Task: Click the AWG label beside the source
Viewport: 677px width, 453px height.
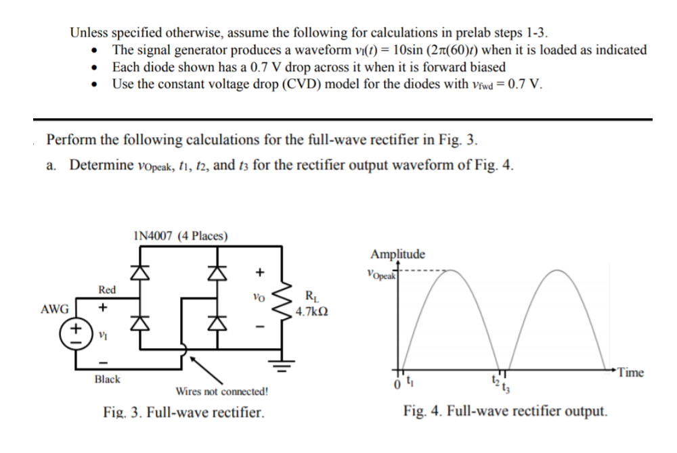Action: point(55,309)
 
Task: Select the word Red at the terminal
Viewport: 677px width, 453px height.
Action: point(107,289)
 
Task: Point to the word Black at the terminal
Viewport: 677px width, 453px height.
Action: point(107,379)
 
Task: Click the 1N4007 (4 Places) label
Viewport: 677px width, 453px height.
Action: point(180,236)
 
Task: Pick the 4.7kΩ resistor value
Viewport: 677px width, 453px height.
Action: point(313,312)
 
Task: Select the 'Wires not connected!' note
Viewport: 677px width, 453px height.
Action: point(221,391)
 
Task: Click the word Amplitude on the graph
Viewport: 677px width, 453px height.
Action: point(398,255)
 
